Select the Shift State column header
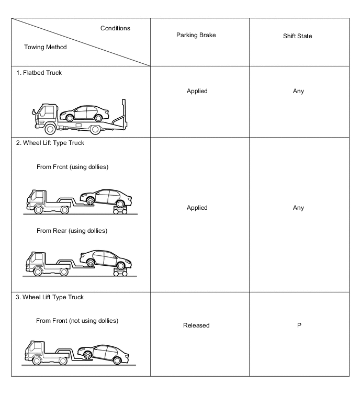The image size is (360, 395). click(x=302, y=36)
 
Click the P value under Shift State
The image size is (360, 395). click(x=302, y=325)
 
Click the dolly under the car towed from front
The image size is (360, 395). click(x=121, y=210)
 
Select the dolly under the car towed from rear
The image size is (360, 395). click(x=121, y=271)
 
